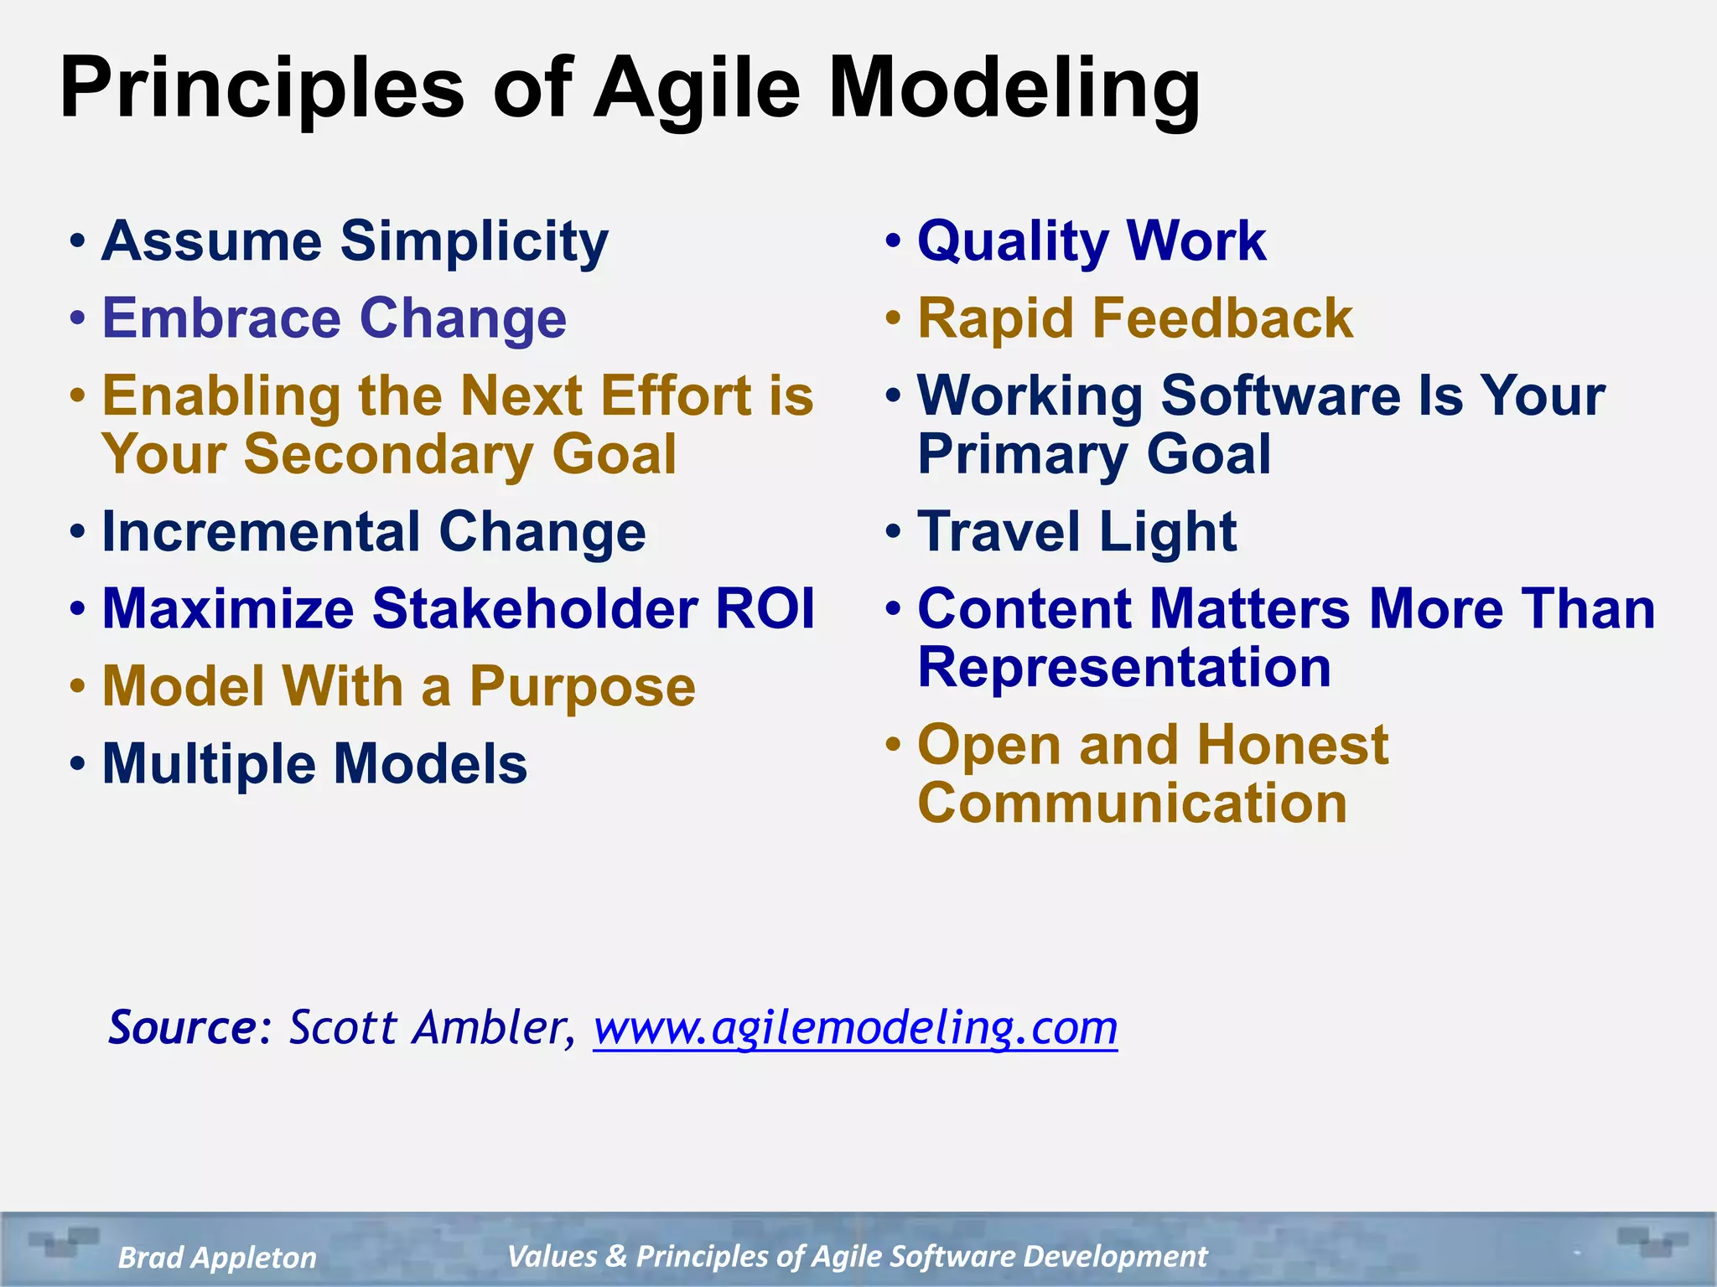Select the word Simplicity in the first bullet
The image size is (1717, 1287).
click(474, 241)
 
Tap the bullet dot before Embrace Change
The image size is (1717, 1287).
click(78, 319)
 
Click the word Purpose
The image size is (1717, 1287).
click(582, 687)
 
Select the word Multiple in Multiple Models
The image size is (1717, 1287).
click(208, 764)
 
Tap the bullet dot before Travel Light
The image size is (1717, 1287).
click(894, 531)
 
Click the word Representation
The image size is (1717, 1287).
click(1124, 668)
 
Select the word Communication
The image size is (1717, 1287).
click(1132, 804)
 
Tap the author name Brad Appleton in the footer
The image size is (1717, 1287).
click(217, 1258)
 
